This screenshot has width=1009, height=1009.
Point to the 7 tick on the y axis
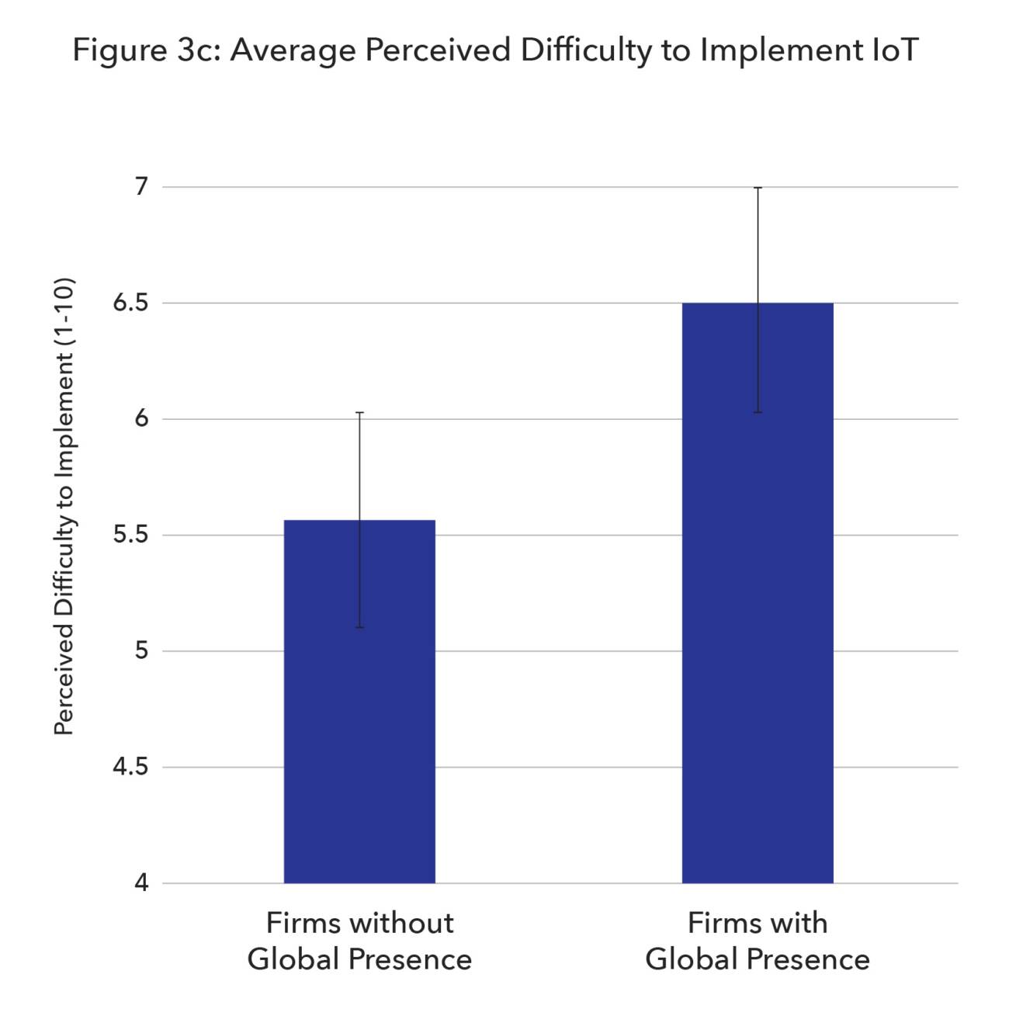(x=140, y=187)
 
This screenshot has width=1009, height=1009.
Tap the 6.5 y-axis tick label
(x=130, y=303)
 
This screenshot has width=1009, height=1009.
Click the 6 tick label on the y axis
(x=140, y=419)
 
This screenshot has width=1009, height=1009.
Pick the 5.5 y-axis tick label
(x=130, y=535)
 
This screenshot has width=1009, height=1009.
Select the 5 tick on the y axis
(x=140, y=650)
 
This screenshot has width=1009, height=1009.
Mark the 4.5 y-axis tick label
(x=130, y=767)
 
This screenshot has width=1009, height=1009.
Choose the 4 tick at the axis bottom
(x=140, y=882)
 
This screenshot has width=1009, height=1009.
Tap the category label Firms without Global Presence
(x=359, y=941)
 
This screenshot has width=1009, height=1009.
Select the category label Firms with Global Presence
(x=758, y=941)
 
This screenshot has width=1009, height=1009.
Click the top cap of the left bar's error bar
(x=359, y=412)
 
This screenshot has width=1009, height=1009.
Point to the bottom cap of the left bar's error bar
(x=359, y=627)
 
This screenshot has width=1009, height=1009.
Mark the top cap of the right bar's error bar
(x=758, y=188)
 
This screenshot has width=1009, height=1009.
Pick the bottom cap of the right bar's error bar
(x=758, y=412)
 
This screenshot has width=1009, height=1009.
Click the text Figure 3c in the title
(x=144, y=50)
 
